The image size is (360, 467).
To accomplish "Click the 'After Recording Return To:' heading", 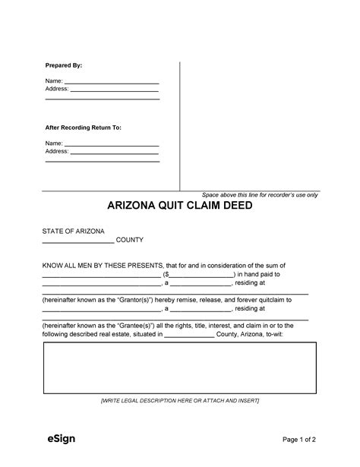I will [83, 128].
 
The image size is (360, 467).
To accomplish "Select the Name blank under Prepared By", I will [111, 81].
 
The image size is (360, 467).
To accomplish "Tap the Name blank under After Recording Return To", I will [111, 143].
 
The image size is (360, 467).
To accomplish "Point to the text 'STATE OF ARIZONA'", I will [73, 231].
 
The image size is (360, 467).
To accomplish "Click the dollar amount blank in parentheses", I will [199, 276].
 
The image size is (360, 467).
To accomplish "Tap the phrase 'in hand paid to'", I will [263, 275].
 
